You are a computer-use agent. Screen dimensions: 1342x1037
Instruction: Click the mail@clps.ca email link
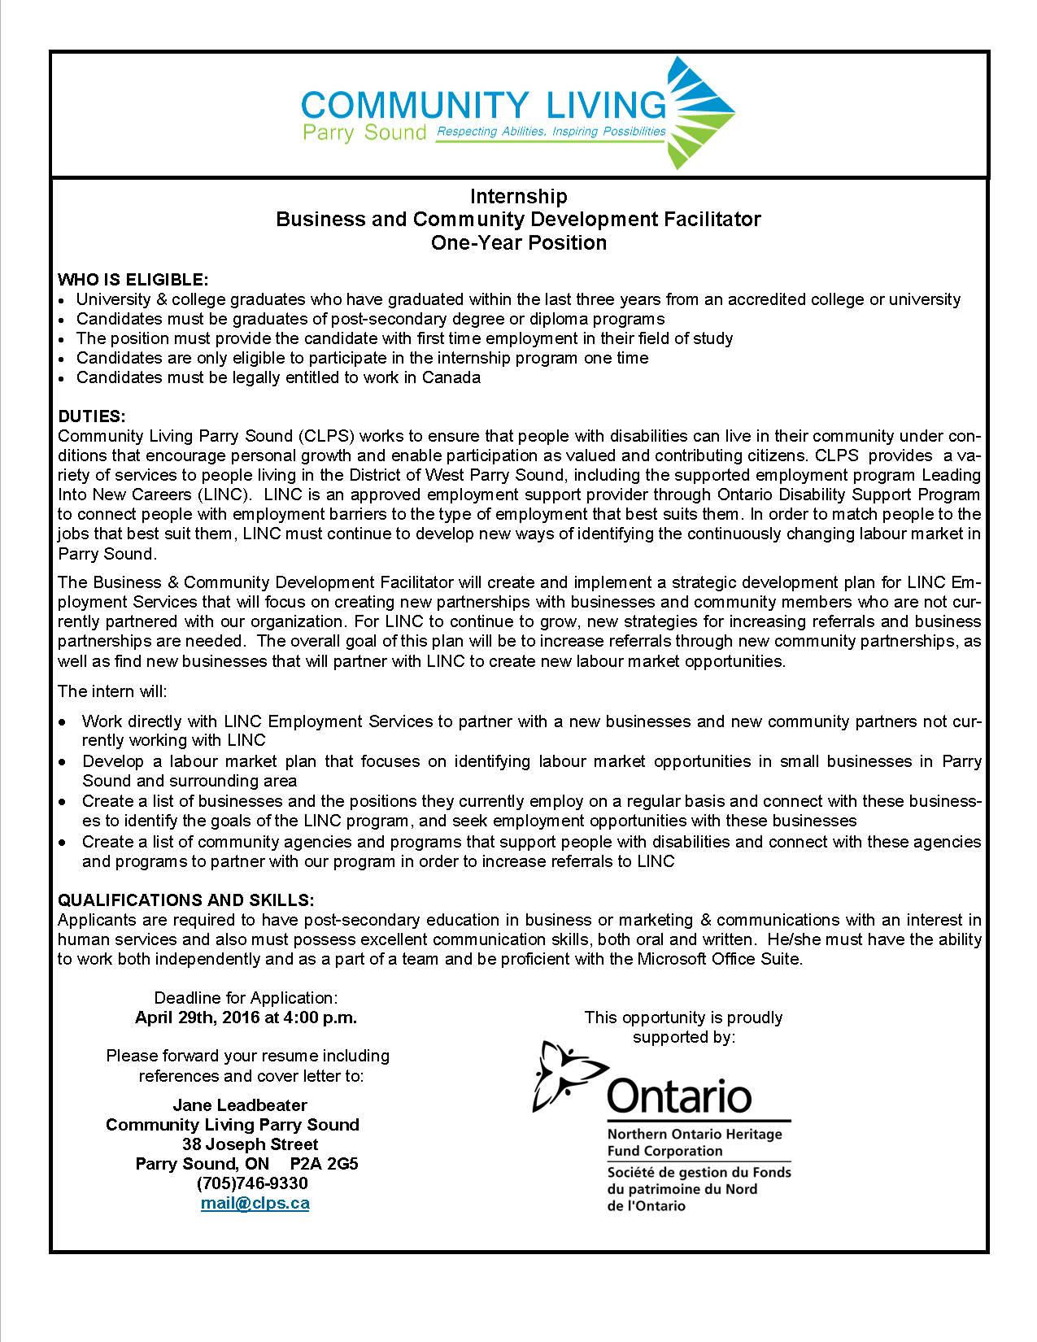255,1203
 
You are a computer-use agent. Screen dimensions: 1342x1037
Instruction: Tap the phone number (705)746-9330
252,1183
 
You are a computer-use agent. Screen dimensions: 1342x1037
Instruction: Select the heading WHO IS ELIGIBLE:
133,280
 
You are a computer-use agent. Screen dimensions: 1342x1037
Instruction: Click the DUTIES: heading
92,416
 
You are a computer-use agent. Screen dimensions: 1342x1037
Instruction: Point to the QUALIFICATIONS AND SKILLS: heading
186,900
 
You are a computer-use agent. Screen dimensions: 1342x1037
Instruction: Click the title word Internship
518,197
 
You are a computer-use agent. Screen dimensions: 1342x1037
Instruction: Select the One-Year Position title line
518,243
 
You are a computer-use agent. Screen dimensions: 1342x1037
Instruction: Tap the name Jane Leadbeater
240,1105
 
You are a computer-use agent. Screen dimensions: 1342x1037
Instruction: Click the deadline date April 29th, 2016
197,1017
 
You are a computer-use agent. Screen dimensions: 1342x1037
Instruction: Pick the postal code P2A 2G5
324,1164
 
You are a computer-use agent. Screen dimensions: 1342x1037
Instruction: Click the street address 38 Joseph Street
250,1144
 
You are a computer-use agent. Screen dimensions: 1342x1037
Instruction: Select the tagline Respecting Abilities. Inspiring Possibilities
551,132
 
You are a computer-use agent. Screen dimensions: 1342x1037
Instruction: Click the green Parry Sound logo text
364,133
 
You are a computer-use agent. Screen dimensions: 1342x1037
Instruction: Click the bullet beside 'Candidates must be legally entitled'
63,379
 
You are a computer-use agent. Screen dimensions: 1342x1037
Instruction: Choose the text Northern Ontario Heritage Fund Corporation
695,1143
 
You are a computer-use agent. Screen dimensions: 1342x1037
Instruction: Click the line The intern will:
112,691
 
